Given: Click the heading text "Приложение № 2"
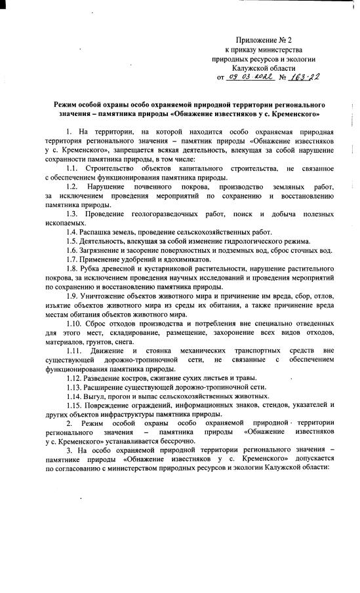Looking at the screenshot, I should (260, 41).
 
